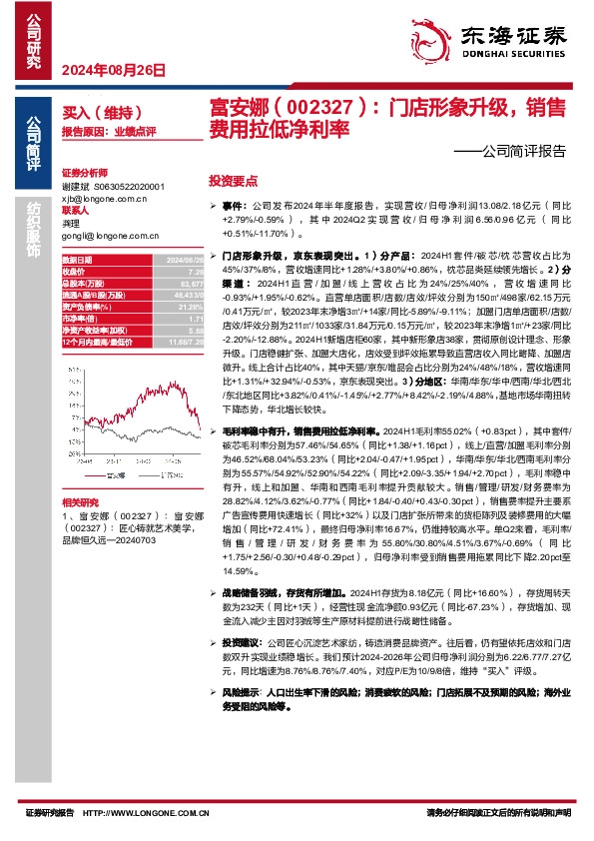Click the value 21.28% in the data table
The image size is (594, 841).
[x=190, y=308]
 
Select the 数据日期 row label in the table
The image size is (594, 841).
[x=77, y=259]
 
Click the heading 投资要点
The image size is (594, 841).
[x=233, y=182]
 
